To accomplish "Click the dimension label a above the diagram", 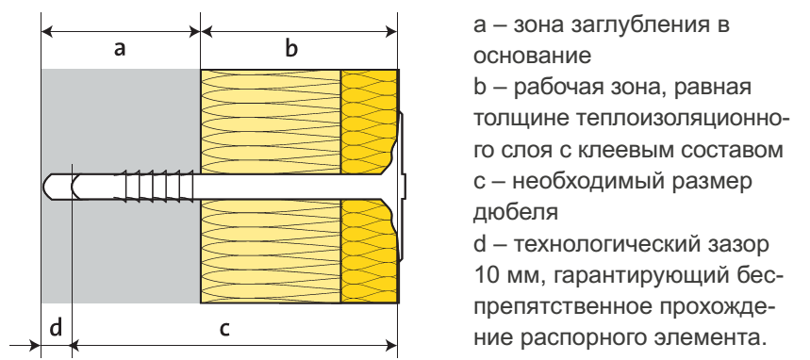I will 120,50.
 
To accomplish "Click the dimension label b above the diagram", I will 292,50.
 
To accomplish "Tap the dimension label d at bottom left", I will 56,329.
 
